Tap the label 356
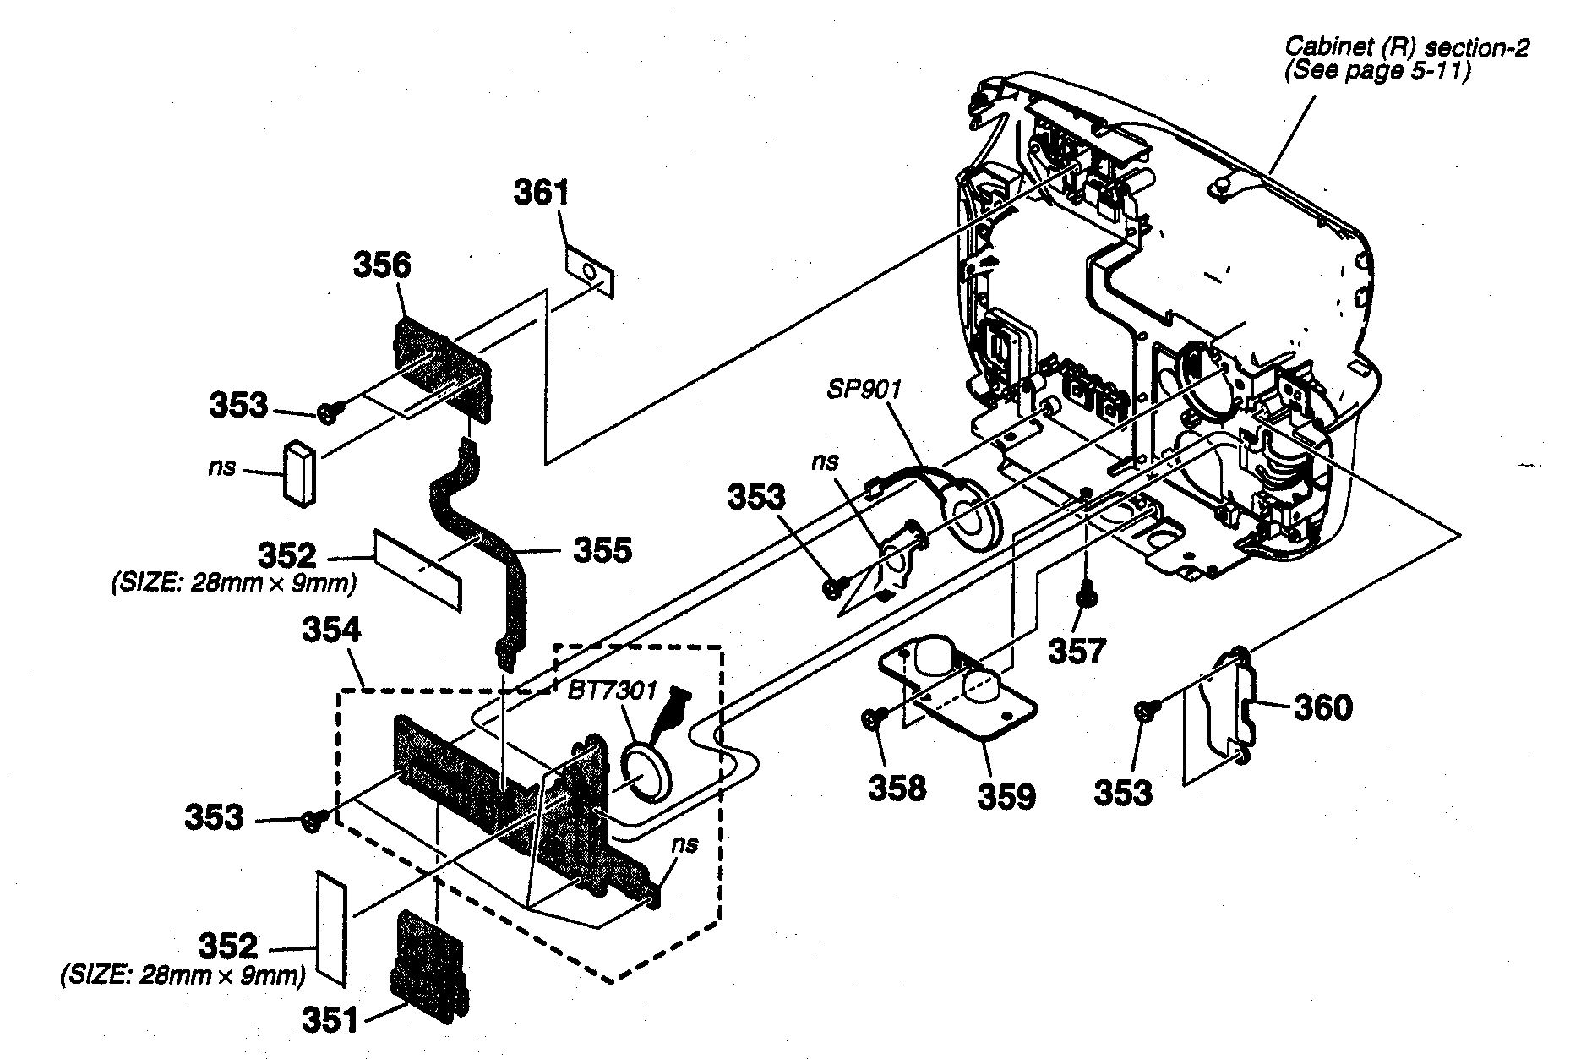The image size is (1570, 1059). [x=381, y=265]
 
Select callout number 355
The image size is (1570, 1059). [x=602, y=551]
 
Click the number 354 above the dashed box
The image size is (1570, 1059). [x=330, y=631]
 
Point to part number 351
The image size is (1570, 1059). [x=330, y=1021]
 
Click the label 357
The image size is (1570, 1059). [x=1076, y=652]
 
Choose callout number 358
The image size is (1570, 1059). [x=897, y=789]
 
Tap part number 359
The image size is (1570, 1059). [x=1006, y=796]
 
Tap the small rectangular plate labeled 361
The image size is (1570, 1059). [x=589, y=271]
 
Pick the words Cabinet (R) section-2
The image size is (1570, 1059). [x=1406, y=47]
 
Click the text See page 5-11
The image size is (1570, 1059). [x=1377, y=72]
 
